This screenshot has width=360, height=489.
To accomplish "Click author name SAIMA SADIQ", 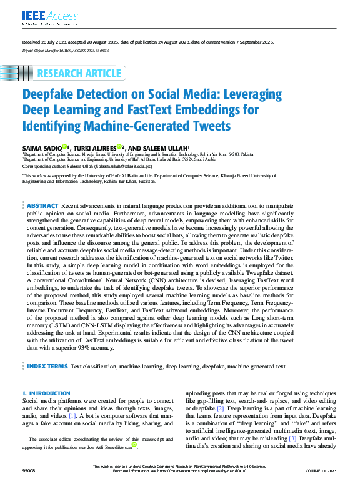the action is [x=42, y=147].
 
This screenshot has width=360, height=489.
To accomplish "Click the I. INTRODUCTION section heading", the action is [x=46, y=393].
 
